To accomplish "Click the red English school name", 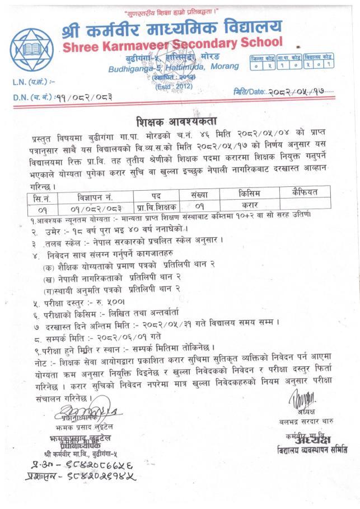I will coord(173,45).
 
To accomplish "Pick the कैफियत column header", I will coord(305,193).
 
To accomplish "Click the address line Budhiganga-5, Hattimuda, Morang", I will coord(174,68).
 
